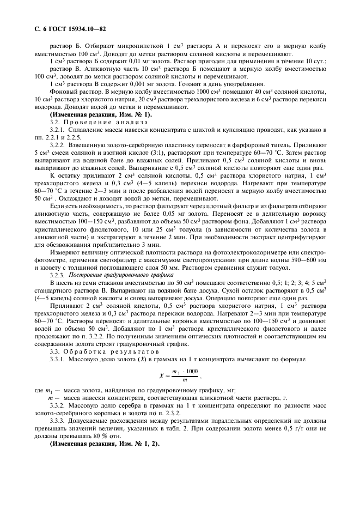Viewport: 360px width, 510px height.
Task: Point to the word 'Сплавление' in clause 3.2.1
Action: point(84,130)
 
